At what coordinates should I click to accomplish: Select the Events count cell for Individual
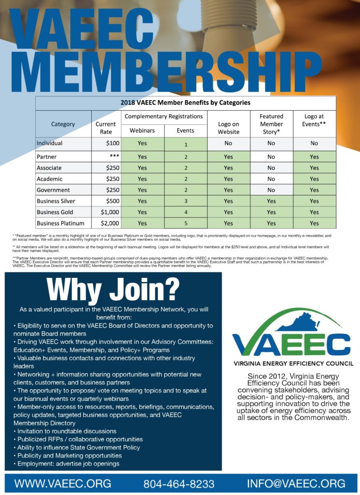[x=186, y=144]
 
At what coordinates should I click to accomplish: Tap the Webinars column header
[x=142, y=131]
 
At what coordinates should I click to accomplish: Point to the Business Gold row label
[x=56, y=212]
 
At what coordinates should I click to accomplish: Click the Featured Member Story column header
[x=271, y=124]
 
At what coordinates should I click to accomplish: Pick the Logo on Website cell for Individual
[x=229, y=144]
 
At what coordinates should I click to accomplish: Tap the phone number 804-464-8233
[x=179, y=483]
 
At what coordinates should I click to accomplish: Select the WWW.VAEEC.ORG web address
[x=63, y=483]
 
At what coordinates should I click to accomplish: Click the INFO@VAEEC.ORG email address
[x=296, y=483]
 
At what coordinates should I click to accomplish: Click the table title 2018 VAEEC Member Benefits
[x=185, y=102]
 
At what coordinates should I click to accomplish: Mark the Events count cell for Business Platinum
[x=186, y=223]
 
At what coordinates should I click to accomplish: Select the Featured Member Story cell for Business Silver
[x=271, y=201]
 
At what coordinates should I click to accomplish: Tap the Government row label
[x=53, y=190]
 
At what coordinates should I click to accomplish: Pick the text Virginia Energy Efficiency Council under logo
[x=293, y=363]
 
